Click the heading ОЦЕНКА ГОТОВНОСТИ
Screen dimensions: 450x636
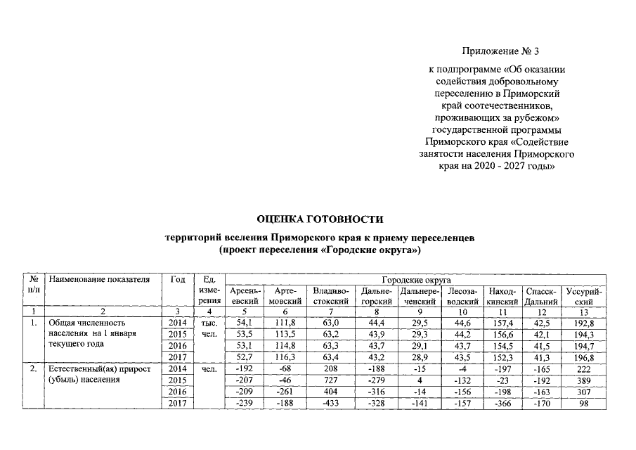coord(319,219)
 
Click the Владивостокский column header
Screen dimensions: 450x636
coord(330,295)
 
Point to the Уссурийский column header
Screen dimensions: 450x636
coord(583,295)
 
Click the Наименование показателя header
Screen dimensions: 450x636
coord(100,280)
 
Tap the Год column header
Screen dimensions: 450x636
coord(178,280)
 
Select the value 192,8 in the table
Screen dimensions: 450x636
coord(583,323)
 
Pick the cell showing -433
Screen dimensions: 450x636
coord(330,403)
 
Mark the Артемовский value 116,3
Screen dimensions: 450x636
coord(285,358)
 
